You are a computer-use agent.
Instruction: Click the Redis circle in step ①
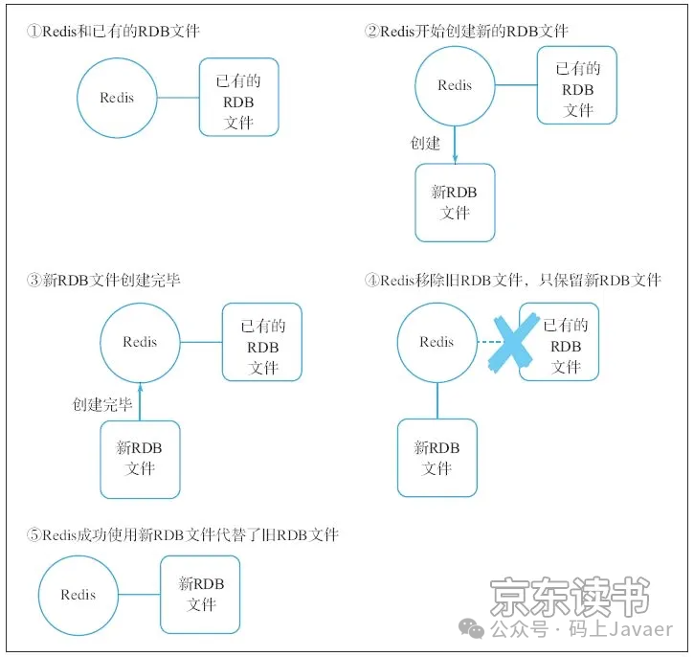[117, 98]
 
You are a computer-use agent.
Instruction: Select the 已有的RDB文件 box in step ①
[238, 97]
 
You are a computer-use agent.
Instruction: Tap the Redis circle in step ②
[455, 85]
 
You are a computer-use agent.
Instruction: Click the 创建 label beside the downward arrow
[424, 144]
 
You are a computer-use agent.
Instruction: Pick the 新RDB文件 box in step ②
[455, 202]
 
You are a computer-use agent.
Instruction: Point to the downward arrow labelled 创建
[455, 146]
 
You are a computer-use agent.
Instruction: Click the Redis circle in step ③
[140, 342]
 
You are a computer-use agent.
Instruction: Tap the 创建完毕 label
[102, 404]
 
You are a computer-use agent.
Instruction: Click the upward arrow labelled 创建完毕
[140, 402]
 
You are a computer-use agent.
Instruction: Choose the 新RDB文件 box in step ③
[140, 459]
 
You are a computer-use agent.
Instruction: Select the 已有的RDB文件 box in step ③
[262, 342]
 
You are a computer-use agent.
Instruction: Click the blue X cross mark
[511, 340]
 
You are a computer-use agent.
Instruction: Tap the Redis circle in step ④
[437, 342]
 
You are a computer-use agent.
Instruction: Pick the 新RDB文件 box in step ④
[437, 458]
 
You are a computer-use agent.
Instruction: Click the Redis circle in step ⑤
[78, 595]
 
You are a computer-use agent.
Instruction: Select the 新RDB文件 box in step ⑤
[200, 594]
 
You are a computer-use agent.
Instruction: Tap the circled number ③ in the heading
[34, 281]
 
